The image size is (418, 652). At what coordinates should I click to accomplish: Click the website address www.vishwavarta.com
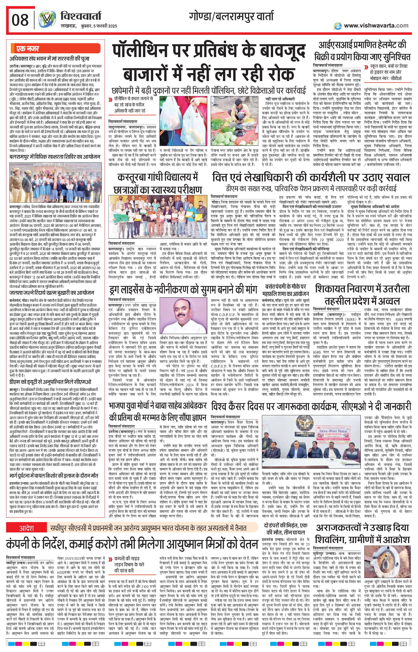coord(376,26)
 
